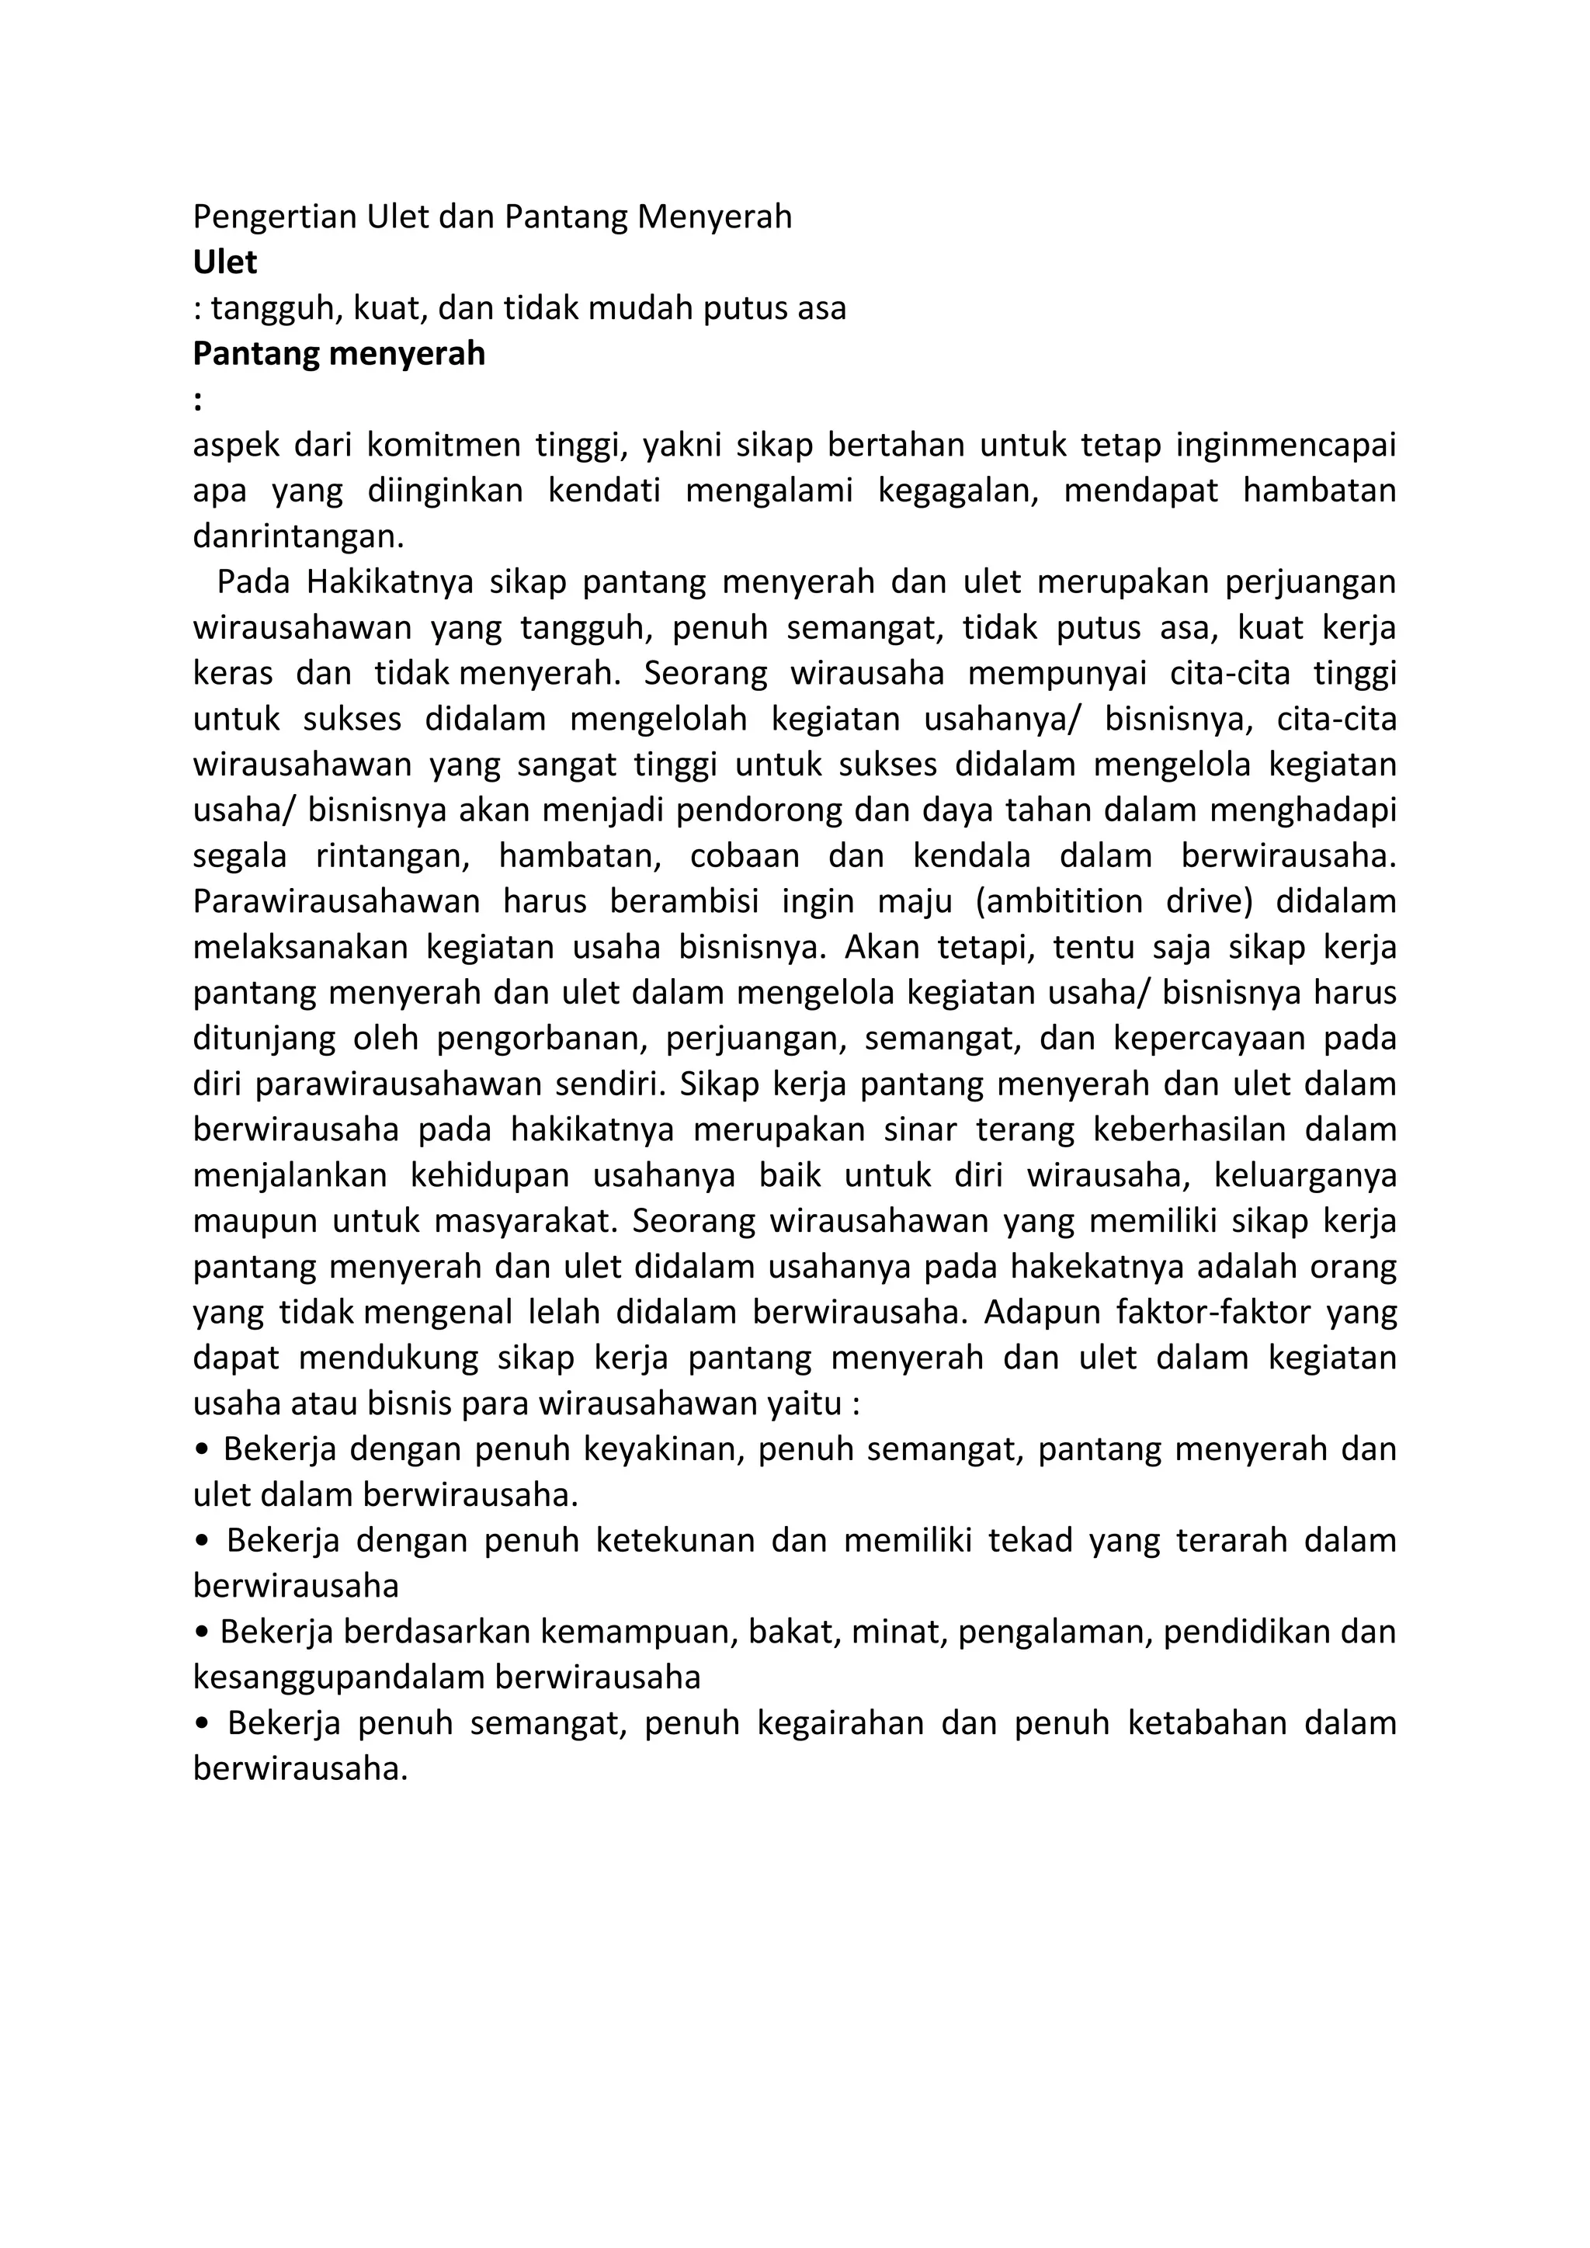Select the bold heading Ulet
225,262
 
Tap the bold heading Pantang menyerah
338,353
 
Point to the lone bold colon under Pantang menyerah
198,401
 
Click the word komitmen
439,446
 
